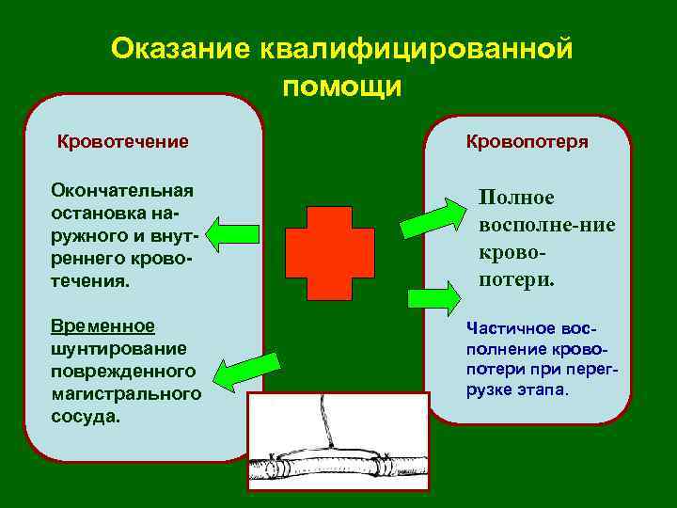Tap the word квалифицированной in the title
(417, 49)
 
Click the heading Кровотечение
(122, 142)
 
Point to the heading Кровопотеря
(527, 142)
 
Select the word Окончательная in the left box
(122, 191)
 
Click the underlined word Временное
(103, 325)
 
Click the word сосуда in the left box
(86, 415)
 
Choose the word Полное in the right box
(516, 198)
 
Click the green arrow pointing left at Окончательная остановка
(232, 234)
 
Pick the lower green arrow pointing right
(433, 298)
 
